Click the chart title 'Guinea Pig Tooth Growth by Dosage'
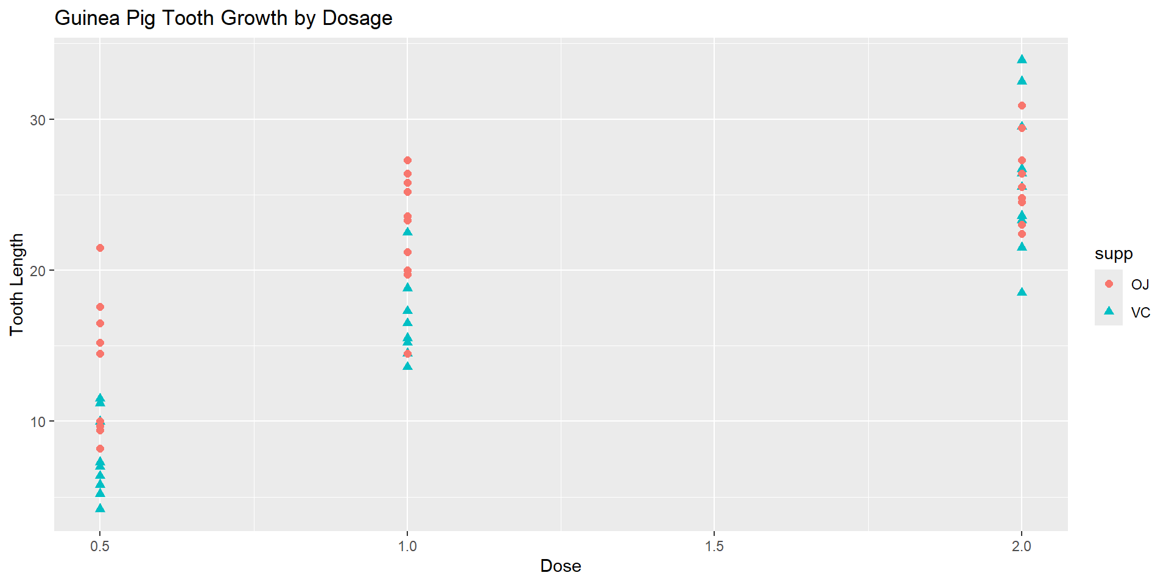[223, 18]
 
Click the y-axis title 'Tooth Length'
[16, 284]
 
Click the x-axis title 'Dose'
[560, 566]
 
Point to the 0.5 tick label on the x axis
[100, 546]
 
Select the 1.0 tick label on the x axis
[407, 546]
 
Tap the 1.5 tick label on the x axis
[714, 546]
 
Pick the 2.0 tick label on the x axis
[1022, 546]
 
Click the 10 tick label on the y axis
[38, 422]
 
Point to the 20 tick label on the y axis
[38, 271]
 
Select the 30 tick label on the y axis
[38, 120]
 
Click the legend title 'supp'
[1114, 254]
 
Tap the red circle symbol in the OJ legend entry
[1109, 284]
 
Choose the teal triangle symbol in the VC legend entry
[1109, 311]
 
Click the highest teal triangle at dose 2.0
[1022, 60]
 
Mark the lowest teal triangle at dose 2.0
[1022, 292]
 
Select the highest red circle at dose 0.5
[100, 248]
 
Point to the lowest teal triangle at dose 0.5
[100, 508]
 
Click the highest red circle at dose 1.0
[407, 161]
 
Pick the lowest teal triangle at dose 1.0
[407, 366]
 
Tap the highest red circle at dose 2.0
[1022, 106]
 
